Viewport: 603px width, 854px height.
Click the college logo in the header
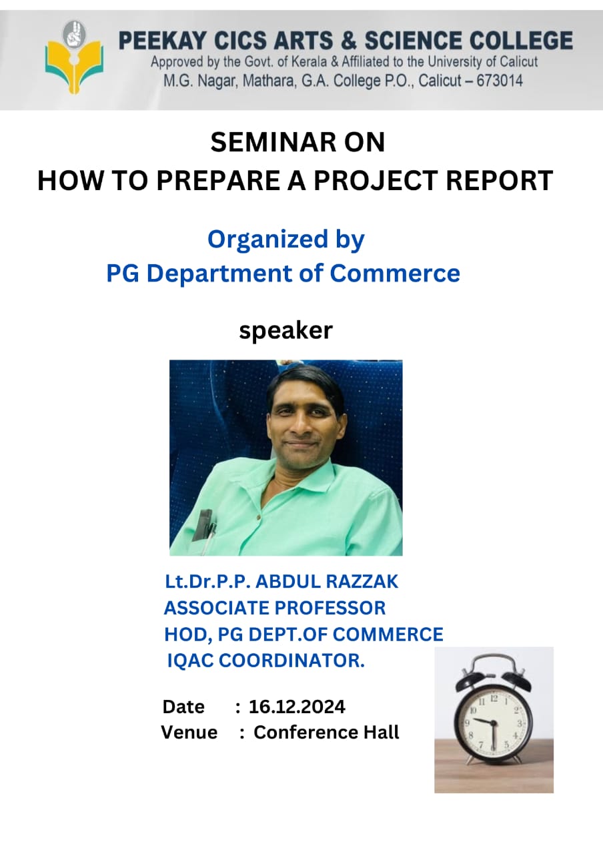point(74,57)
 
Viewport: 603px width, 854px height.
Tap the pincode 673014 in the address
point(500,81)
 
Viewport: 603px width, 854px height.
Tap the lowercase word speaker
point(286,330)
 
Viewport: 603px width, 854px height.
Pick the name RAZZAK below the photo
point(362,582)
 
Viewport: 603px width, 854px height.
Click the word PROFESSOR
point(331,608)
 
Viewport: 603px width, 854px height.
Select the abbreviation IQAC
point(190,661)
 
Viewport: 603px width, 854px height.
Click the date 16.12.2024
point(297,707)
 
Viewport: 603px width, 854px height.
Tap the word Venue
point(189,733)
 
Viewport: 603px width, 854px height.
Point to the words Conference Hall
point(326,733)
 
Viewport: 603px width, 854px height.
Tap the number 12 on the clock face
point(494,699)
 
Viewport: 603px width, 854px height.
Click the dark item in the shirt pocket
point(203,524)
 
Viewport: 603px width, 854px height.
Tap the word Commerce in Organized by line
point(395,274)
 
